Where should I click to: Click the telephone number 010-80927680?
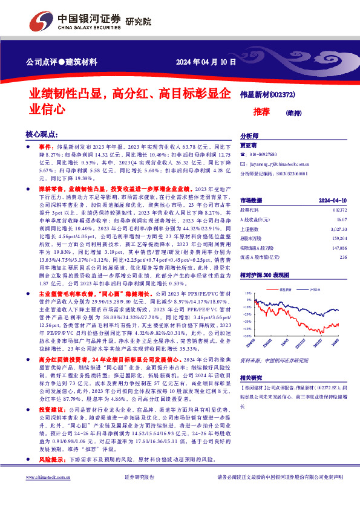pyautogui.click(x=267, y=155)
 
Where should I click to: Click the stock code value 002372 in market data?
pyautogui.click(x=340, y=209)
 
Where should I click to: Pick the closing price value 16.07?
pyautogui.click(x=342, y=219)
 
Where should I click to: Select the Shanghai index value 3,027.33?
pyautogui.click(x=339, y=229)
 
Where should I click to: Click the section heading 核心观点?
pyautogui.click(x=42, y=134)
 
